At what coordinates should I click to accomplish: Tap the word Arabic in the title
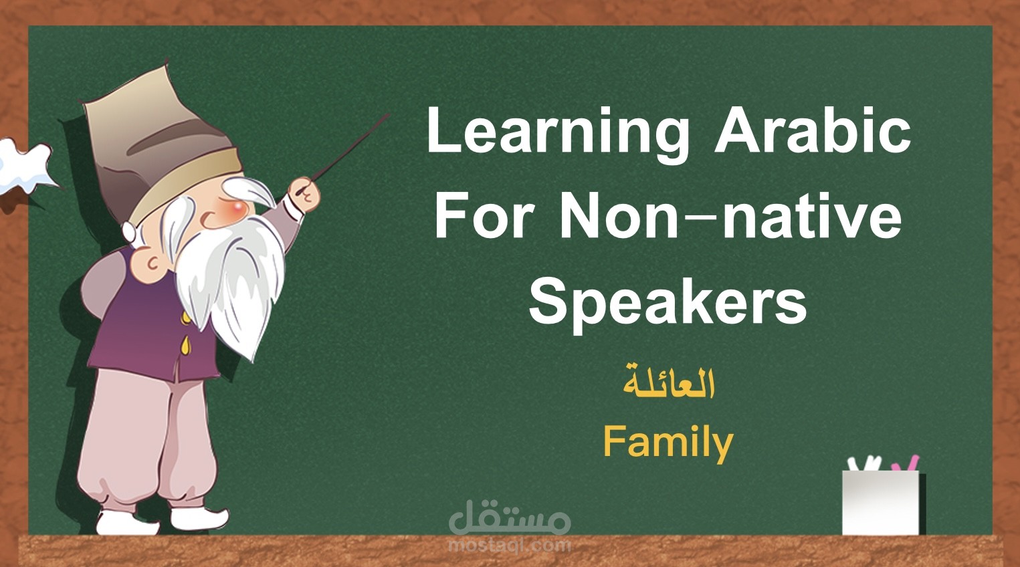813,131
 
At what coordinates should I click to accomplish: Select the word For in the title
484,215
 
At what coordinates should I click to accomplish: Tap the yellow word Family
668,442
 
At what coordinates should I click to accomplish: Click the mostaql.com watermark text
509,545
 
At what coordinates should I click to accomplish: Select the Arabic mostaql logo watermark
509,518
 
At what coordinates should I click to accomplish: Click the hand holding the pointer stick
305,195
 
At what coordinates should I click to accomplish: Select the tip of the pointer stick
390,114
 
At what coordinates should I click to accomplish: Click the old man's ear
155,263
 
